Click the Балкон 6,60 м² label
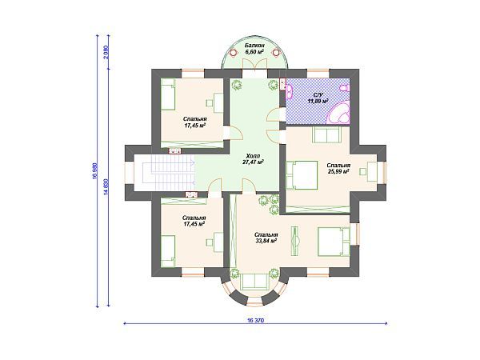coord(254,49)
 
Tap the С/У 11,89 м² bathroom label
coord(318,98)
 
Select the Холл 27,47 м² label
coord(254,158)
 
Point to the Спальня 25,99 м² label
coord(338,168)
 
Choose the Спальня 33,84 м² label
coord(266,238)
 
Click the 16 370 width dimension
coord(255,321)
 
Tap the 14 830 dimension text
coord(106,186)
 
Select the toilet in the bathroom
coord(345,88)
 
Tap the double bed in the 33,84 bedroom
coord(334,242)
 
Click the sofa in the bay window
coord(255,282)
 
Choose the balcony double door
coord(255,65)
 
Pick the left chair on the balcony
coord(234,52)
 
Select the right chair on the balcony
coord(276,52)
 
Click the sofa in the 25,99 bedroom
coord(326,134)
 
